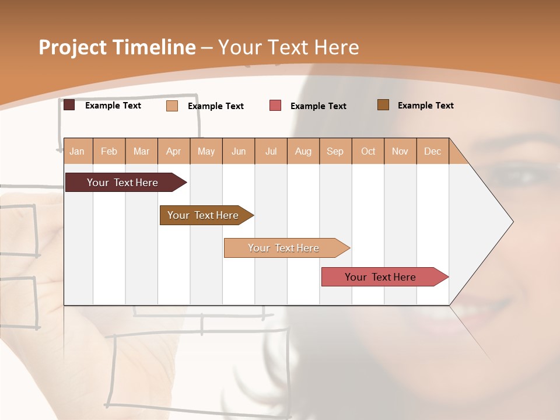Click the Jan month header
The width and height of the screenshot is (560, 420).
(x=77, y=152)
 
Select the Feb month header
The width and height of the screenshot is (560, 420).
(x=109, y=152)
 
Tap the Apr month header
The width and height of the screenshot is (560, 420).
(x=174, y=152)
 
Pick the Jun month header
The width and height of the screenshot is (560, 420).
(x=239, y=152)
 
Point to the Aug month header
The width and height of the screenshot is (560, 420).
(x=303, y=152)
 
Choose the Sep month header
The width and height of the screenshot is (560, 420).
(x=335, y=152)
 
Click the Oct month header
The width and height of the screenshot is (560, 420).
(x=368, y=152)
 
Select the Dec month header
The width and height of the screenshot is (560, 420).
(x=433, y=152)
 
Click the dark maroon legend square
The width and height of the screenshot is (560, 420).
(x=69, y=105)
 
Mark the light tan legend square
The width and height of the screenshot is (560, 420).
(x=171, y=106)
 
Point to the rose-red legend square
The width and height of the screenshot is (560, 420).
(x=275, y=106)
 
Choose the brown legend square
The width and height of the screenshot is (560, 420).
(x=383, y=105)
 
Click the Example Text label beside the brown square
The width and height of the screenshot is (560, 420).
(x=425, y=106)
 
